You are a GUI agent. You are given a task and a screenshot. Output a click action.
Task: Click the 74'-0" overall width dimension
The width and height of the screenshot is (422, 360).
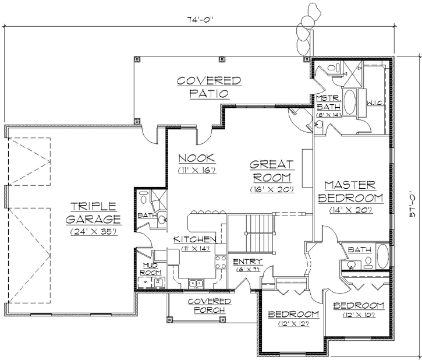(x=201, y=19)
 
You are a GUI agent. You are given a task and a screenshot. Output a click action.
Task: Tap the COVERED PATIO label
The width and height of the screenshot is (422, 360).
(x=201, y=86)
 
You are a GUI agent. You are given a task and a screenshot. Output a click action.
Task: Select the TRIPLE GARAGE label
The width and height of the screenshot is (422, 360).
(x=93, y=213)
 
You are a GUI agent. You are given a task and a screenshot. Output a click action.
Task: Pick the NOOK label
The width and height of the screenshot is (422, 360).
(x=197, y=158)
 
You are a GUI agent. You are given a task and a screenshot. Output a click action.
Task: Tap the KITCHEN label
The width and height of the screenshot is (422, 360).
(x=196, y=239)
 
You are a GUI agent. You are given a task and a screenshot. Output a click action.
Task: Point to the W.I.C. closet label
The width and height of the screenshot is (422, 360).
(x=374, y=103)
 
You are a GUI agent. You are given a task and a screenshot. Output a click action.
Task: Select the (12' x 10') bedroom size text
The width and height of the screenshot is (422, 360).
(x=358, y=315)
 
